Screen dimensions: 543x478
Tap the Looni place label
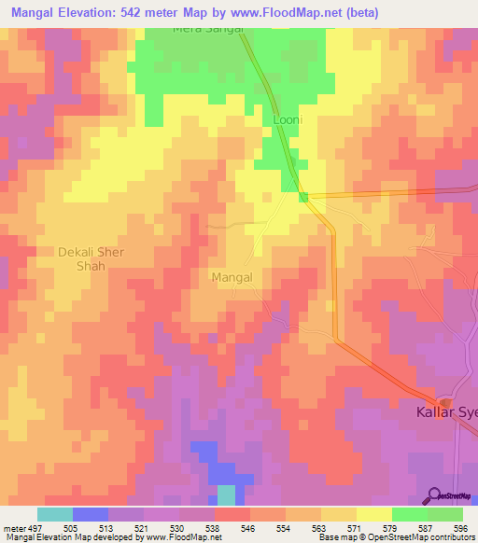288,119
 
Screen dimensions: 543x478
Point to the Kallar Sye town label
445,411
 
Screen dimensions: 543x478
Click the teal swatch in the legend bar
54,514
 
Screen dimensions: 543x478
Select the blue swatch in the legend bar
91,514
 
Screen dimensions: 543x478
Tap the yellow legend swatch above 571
339,514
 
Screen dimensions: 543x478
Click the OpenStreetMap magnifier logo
436,494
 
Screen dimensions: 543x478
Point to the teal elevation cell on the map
227,495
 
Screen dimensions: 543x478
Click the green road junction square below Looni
303,196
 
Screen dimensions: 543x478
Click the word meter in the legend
13,526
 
